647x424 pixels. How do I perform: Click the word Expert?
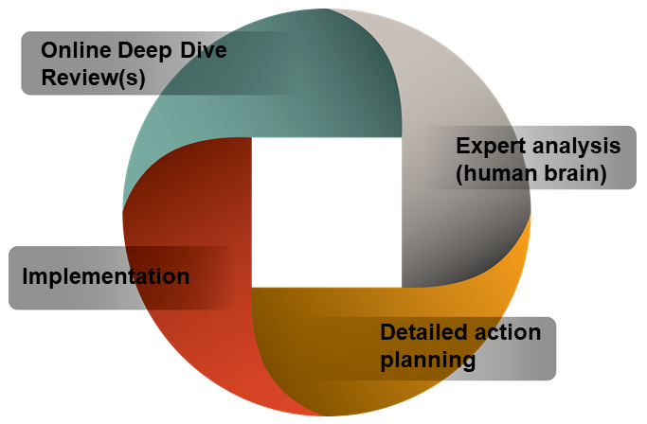point(489,147)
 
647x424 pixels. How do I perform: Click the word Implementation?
point(105,277)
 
